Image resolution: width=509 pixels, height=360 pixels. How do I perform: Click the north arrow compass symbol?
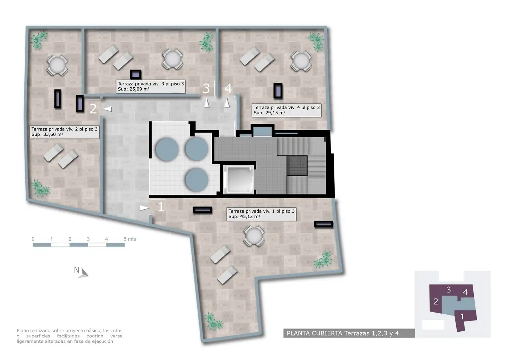tap(83, 273)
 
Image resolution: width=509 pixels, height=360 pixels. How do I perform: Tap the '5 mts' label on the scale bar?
tap(130, 239)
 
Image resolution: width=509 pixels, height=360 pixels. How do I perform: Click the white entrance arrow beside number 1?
tap(145, 208)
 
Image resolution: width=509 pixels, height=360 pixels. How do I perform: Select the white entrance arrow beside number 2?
tap(107, 109)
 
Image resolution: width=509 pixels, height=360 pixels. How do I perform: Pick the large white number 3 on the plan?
tap(206, 88)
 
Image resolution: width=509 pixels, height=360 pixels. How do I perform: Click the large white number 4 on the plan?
tap(228, 88)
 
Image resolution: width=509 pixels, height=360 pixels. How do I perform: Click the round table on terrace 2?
tap(57, 66)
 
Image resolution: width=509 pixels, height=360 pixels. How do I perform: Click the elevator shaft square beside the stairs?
tap(238, 180)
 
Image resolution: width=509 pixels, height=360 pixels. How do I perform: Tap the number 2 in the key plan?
tap(436, 302)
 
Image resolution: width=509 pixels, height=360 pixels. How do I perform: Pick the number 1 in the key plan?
tap(462, 317)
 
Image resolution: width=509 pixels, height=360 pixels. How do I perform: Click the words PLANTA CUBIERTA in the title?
tap(315, 333)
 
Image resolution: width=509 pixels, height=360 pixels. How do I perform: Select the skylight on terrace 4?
tap(278, 91)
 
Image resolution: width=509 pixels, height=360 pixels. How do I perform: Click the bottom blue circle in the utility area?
tap(197, 180)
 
